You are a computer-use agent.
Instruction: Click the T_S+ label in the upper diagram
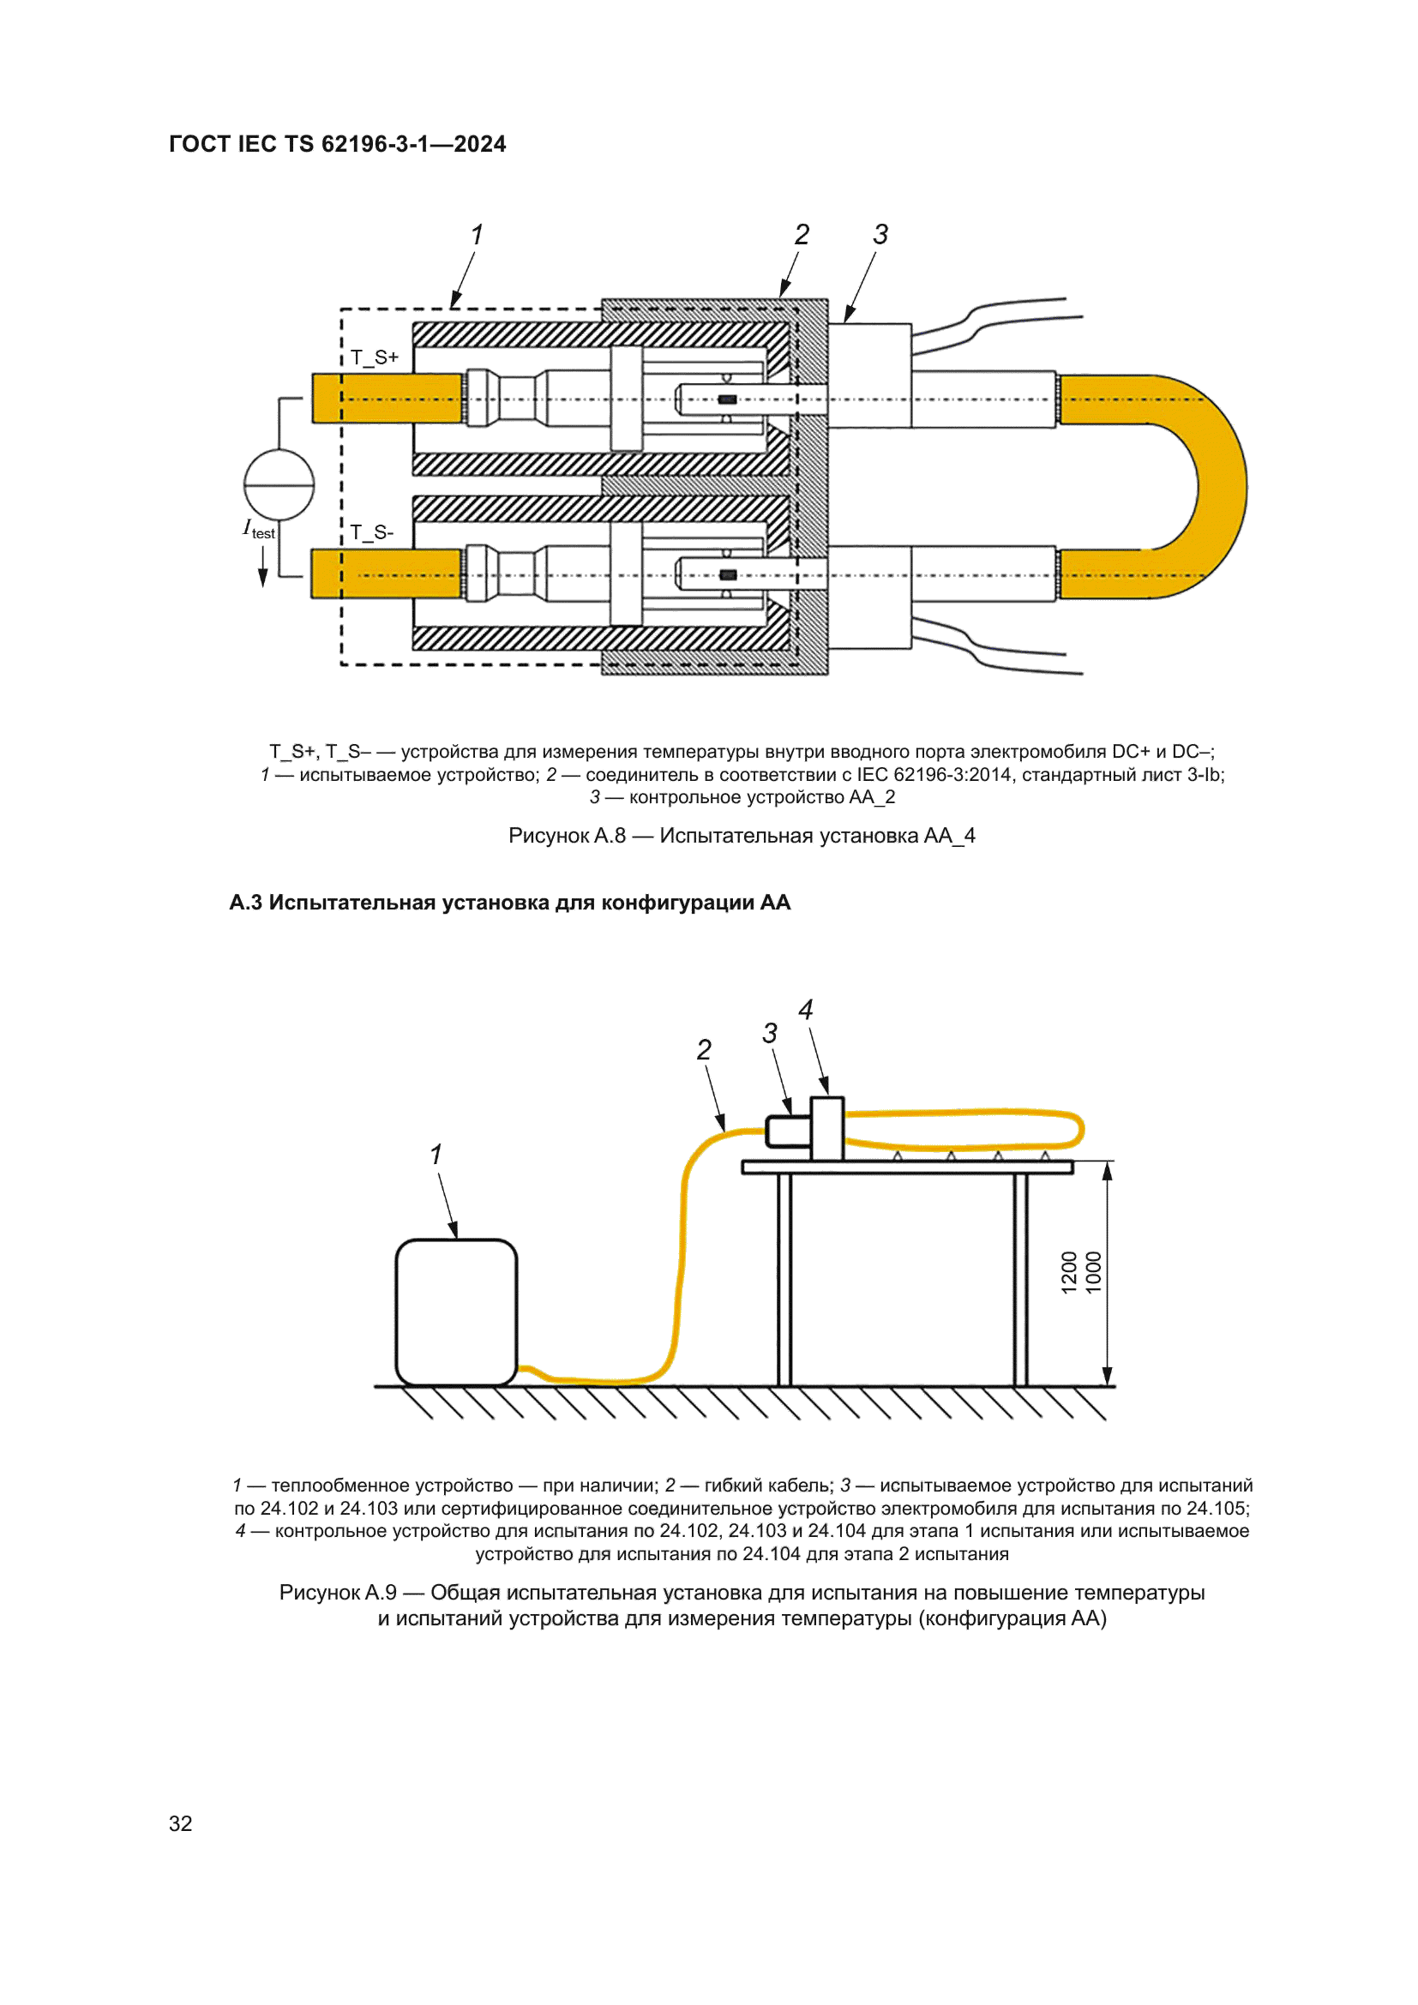375,357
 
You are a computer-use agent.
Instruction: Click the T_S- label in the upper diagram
372,532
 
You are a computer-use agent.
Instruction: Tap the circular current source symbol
279,484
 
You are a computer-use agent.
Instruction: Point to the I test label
258,529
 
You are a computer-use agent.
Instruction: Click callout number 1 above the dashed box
477,235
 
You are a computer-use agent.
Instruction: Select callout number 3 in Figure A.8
880,234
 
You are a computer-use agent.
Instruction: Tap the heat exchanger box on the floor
456,1311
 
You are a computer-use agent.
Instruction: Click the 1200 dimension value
1069,1272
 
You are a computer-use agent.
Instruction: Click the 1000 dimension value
1093,1272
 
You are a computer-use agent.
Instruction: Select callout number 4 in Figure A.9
805,1011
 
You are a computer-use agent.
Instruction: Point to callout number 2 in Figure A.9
704,1050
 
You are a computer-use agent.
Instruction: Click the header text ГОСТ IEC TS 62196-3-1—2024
337,144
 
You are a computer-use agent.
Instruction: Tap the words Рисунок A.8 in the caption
567,836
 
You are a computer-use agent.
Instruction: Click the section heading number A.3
245,902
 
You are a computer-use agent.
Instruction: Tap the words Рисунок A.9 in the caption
338,1592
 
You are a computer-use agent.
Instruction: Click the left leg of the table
784,1279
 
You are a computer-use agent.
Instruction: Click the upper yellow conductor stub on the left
387,399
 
